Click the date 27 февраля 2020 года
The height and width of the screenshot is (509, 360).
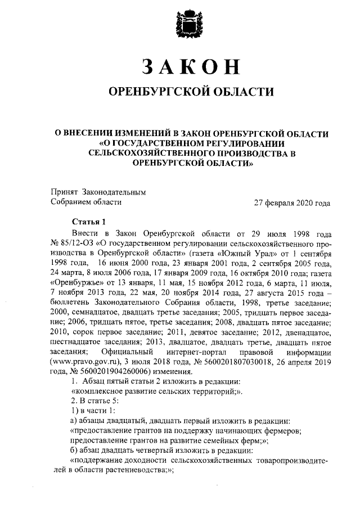292,202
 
